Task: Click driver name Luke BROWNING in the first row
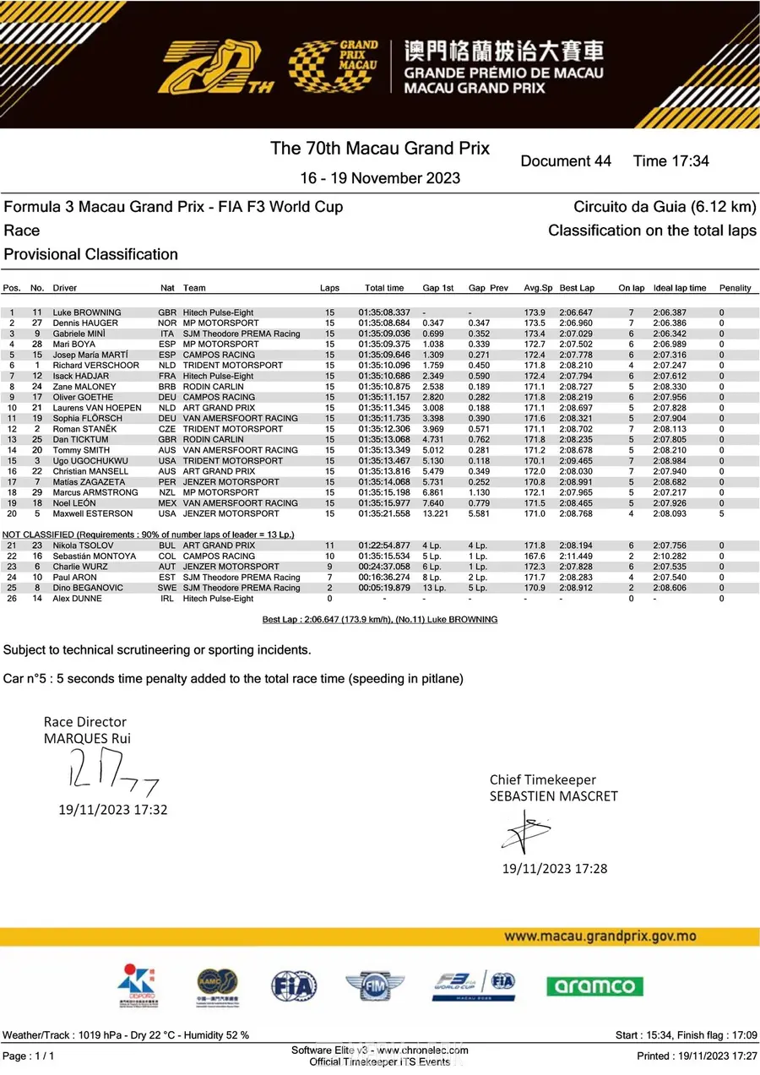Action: [87, 312]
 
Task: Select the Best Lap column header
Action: [577, 288]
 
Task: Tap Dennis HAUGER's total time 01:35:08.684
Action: [384, 323]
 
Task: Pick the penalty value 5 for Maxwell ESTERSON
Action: [722, 513]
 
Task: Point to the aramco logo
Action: [594, 985]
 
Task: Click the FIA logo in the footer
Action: [294, 985]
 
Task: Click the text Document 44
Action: [566, 161]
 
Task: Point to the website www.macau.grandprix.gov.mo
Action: [600, 937]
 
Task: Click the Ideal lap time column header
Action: [680, 288]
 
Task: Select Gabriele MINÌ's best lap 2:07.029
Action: [577, 334]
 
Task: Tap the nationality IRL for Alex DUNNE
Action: [167, 599]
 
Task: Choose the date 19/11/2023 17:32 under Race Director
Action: [112, 810]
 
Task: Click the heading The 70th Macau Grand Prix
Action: [380, 149]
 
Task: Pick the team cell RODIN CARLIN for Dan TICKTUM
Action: [213, 439]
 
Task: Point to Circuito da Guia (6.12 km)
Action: [665, 207]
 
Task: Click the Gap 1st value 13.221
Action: [435, 513]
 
